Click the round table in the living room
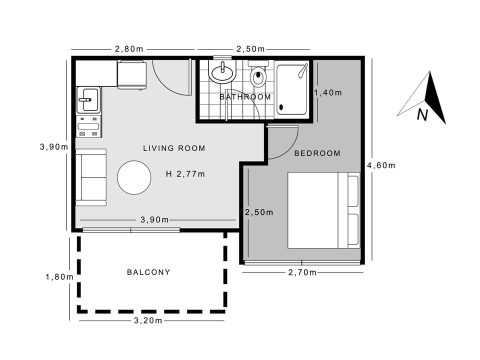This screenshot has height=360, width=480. [134, 177]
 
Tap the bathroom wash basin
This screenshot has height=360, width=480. [221, 73]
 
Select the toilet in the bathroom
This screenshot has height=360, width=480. [258, 75]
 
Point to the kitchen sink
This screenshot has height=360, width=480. [88, 99]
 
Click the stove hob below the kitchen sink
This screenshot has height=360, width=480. [88, 126]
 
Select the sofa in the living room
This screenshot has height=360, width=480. [91, 177]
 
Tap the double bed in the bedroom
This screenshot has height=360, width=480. [323, 210]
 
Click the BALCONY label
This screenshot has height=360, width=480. [148, 272]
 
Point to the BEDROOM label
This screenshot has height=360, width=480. [317, 153]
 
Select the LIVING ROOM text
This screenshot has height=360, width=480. [174, 148]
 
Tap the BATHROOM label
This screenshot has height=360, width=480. [245, 97]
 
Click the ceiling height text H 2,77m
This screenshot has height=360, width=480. [185, 174]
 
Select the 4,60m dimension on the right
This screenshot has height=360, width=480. [381, 165]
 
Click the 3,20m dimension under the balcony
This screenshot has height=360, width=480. [148, 320]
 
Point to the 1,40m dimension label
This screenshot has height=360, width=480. [327, 92]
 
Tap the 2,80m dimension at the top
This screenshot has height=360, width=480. [129, 49]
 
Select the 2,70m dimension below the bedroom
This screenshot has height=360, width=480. [302, 272]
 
